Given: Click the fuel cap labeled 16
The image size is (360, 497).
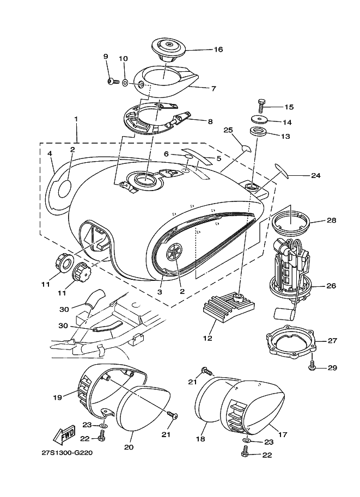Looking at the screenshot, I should coord(169,47).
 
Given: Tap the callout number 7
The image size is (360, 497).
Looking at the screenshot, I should coord(214,88).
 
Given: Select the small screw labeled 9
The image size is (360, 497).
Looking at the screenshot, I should coord(112,82).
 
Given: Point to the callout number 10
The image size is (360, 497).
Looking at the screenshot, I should coord(123,58).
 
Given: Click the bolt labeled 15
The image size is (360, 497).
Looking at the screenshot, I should coord(260,106).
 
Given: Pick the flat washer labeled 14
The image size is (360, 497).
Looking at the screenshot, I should coord(259,120).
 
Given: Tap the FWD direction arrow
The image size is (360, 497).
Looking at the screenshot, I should coord(63,434).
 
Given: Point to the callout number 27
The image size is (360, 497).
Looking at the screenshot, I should coord(332,341).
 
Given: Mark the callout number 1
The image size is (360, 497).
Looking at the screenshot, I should coord(76,119).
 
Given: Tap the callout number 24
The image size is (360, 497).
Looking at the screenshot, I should coord(316,175).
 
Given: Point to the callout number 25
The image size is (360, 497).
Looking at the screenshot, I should coord(228,130).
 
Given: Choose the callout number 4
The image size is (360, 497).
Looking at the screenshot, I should coord(50,154).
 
